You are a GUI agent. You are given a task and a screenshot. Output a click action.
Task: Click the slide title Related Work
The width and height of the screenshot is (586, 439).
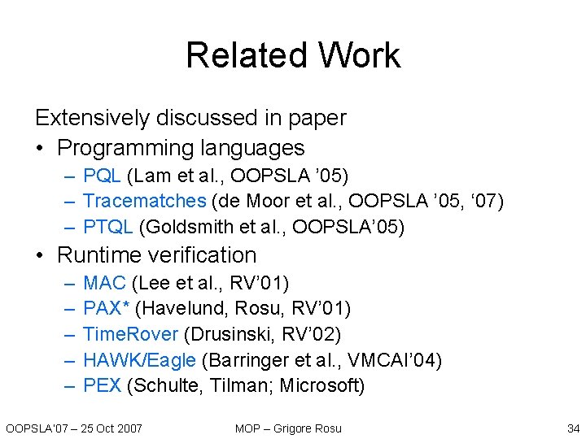pos(293,55)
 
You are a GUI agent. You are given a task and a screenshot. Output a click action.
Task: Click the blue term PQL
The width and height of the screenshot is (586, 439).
pos(102,176)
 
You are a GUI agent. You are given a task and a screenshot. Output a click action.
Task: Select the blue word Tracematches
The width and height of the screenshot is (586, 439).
pos(145,200)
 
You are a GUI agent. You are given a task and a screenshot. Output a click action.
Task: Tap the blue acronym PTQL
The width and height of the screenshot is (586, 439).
pos(110,225)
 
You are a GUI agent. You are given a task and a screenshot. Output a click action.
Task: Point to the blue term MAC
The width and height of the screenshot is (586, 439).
pos(104,283)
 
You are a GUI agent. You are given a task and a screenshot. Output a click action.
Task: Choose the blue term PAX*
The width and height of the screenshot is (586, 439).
pos(107,309)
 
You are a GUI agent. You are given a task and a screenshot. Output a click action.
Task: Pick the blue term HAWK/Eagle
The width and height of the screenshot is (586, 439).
pos(139,360)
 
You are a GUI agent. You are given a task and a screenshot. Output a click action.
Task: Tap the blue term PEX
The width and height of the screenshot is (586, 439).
pos(103,385)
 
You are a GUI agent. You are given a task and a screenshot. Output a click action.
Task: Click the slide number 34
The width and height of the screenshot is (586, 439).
pos(572,428)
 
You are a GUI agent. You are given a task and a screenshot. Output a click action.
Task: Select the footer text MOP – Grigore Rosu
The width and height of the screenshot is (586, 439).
pos(288,428)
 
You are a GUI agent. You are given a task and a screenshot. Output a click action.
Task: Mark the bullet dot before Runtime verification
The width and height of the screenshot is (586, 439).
pos(41,255)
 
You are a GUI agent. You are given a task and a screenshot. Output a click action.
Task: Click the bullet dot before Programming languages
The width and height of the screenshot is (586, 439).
pos(41,149)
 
